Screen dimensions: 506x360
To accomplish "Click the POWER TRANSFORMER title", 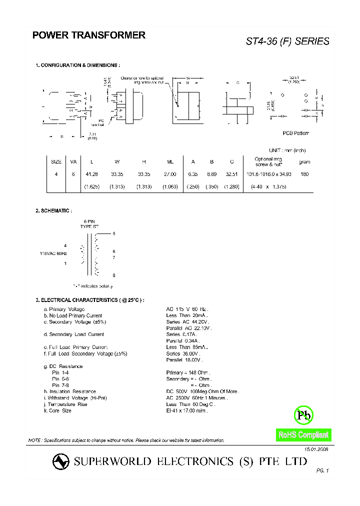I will coord(89,35).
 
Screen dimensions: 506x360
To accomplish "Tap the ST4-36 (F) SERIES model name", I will coord(287,41).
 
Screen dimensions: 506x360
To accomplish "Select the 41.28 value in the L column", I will coord(91,174).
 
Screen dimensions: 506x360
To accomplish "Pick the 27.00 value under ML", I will coord(170,174).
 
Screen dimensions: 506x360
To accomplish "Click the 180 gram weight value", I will coord(304,174).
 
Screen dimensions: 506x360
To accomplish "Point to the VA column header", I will coord(73,161).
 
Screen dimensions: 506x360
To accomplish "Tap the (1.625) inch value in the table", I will coord(91,186).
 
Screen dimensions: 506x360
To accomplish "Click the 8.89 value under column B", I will coord(212,174).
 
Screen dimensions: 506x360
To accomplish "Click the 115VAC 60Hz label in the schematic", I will coord(53,254).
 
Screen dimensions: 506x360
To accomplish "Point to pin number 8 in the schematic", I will coord(114,275).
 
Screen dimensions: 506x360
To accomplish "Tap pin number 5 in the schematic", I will coord(114,234).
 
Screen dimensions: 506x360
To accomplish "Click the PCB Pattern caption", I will coord(296,133).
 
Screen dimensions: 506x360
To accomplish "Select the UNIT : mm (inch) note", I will coord(287,150).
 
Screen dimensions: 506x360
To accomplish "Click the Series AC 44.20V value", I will coord(187,322).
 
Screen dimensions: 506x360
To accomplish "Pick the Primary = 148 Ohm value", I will coord(188,372).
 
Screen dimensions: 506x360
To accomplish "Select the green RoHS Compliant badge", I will coord(303,435).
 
